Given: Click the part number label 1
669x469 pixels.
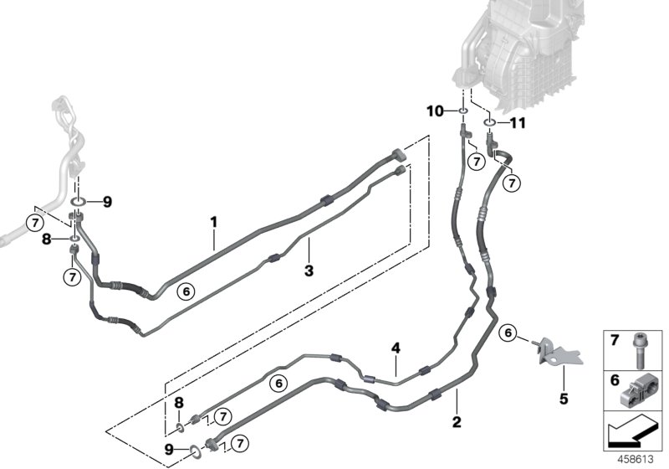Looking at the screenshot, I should (214, 222).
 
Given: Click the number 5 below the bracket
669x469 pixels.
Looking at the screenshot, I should (563, 398).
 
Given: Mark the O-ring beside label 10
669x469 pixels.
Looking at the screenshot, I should (462, 111).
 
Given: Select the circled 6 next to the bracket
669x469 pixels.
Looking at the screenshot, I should (507, 333).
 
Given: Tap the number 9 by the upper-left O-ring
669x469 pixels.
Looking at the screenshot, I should (108, 201).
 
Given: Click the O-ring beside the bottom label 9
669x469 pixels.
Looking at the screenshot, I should (194, 451).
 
